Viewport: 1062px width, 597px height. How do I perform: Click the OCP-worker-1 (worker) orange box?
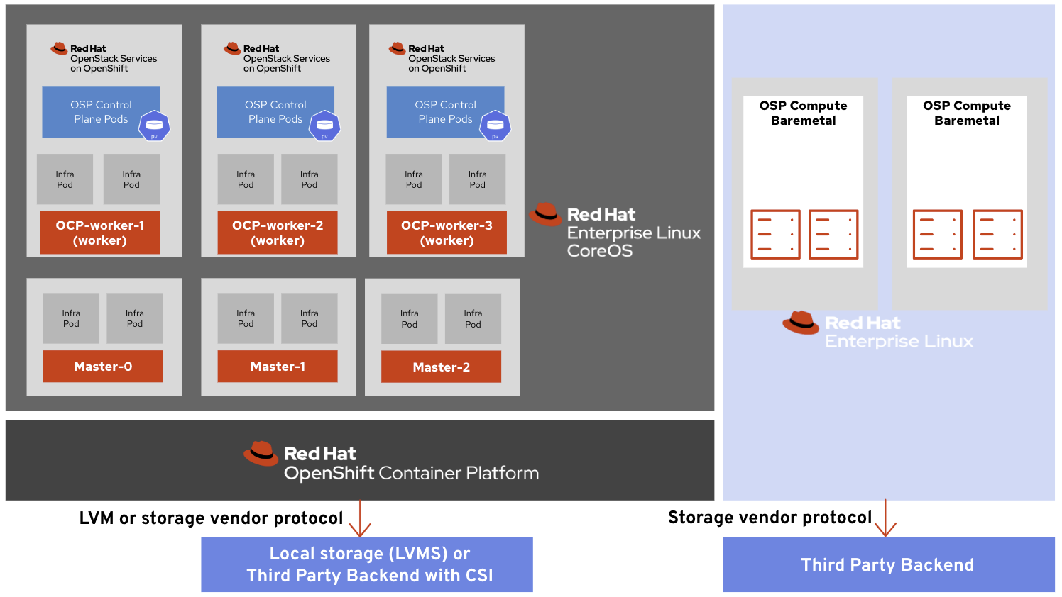tap(99, 233)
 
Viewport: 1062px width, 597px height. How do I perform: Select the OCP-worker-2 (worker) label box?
tap(277, 233)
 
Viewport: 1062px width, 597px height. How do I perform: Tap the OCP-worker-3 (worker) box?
tap(447, 233)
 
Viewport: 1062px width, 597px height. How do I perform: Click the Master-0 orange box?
tap(103, 367)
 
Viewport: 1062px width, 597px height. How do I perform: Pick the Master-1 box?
tap(277, 367)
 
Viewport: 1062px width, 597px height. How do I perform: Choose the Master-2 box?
tap(441, 367)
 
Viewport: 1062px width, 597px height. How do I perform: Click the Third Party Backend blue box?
tap(888, 564)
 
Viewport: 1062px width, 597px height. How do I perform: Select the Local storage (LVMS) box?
tap(366, 564)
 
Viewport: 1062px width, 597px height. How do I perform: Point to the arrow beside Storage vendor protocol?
tap(885, 519)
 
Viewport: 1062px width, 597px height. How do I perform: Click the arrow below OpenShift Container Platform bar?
tap(360, 519)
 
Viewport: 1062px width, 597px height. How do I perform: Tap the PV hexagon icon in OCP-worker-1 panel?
tap(154, 126)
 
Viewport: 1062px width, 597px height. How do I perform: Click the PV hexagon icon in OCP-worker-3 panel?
tap(495, 126)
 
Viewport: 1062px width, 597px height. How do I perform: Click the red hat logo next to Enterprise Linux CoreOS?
tap(545, 214)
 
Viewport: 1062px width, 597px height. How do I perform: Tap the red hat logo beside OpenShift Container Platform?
tap(261, 454)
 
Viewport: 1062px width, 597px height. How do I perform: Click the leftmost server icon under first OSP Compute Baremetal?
tap(775, 235)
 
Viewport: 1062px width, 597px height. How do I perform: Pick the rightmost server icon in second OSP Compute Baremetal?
tap(997, 235)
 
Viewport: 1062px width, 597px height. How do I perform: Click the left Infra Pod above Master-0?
tap(71, 318)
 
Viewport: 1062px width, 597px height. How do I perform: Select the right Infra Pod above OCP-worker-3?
tap(477, 179)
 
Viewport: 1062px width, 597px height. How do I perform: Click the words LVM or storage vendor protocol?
tap(211, 518)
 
